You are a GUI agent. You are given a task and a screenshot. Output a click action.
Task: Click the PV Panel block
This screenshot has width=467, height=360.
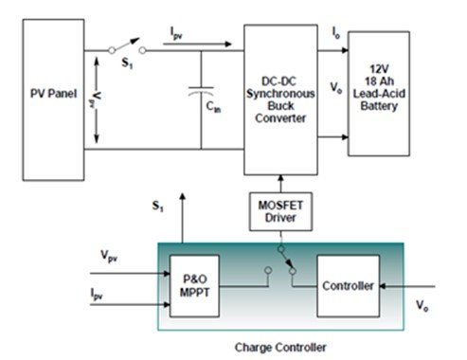(53, 99)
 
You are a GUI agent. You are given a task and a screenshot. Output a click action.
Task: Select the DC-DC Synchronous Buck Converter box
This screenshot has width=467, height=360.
(280, 99)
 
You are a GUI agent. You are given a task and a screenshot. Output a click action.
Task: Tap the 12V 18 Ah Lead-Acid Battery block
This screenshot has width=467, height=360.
(379, 94)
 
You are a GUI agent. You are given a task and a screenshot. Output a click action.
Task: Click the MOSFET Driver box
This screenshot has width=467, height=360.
(280, 211)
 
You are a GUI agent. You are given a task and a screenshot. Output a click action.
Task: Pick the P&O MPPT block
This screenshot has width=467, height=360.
(194, 286)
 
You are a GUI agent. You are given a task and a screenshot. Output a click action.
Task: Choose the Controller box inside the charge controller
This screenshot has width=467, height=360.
(349, 286)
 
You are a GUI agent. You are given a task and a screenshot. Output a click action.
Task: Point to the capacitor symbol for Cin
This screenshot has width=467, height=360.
(201, 91)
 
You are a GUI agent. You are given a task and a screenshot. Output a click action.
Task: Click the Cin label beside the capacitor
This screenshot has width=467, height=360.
(213, 107)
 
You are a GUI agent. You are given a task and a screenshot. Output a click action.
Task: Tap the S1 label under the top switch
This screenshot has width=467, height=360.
(127, 63)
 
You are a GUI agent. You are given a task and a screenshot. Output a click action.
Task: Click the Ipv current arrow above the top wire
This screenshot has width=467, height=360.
(197, 45)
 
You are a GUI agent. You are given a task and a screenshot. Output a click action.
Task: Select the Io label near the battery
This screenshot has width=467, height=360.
(336, 33)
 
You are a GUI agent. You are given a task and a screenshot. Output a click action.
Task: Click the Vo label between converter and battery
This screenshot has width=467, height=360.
(336, 87)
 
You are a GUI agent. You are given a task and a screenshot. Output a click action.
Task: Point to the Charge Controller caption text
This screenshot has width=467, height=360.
(280, 348)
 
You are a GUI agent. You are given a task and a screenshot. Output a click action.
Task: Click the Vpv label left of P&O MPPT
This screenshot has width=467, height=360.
(109, 256)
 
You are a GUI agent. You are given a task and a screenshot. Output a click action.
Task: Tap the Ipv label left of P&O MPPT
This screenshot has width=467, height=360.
(97, 294)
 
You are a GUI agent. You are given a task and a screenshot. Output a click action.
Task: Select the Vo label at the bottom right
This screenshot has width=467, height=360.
(422, 306)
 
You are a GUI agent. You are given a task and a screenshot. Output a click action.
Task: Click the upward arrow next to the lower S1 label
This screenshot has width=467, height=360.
(182, 218)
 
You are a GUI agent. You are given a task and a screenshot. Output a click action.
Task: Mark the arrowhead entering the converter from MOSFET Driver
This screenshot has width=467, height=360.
(280, 178)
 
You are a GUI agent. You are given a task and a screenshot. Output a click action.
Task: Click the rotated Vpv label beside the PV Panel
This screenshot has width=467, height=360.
(97, 99)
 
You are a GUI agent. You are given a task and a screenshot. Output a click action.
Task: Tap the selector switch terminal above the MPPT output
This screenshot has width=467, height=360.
(268, 270)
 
